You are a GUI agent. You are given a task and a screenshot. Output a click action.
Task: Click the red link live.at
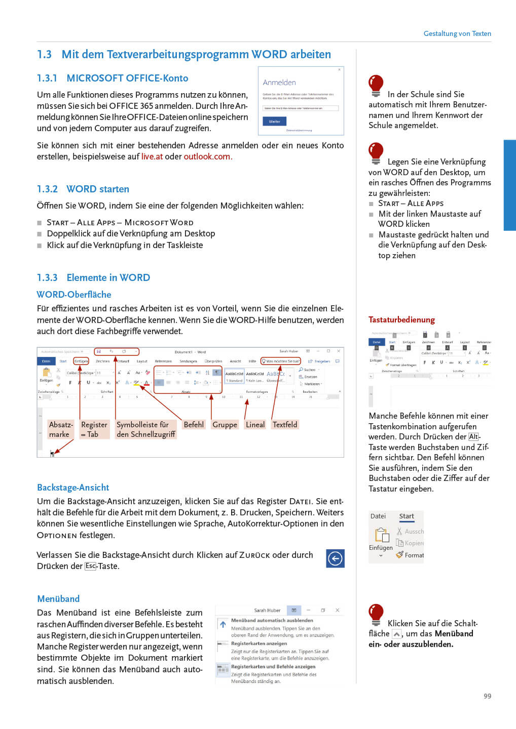coord(152,156)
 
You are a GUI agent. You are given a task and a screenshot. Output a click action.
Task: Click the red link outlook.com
coord(207,156)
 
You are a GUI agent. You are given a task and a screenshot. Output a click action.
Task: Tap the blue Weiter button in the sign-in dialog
coord(274,121)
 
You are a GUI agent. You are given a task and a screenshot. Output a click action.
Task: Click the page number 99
coord(487,696)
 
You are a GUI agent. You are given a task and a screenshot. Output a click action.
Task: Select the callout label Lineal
coord(255,425)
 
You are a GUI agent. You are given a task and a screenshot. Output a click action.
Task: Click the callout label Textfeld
coord(285,425)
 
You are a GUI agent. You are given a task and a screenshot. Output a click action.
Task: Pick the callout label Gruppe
coord(225,425)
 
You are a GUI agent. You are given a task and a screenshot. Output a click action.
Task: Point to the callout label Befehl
coord(194,425)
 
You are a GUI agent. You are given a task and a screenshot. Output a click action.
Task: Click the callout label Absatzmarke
coord(61,429)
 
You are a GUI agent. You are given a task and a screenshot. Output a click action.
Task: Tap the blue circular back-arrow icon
coord(335,558)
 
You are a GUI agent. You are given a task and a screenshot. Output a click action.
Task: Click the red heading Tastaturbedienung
coord(401,319)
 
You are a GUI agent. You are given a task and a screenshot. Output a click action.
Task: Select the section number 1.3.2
coord(47,189)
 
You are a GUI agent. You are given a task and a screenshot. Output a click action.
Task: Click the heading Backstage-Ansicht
coord(73,488)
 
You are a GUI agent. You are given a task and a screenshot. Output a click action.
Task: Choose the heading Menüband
coord(58,599)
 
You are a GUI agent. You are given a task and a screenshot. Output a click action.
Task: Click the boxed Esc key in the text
coord(90,566)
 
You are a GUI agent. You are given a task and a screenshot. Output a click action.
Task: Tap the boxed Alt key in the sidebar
coord(473,436)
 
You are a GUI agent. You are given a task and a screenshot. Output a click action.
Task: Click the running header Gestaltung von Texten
coord(457,33)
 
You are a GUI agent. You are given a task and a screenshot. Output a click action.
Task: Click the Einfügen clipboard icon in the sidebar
coord(381,535)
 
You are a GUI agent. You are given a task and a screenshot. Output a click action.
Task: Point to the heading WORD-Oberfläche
coord(74,295)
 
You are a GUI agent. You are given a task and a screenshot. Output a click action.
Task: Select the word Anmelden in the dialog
coord(279,83)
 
